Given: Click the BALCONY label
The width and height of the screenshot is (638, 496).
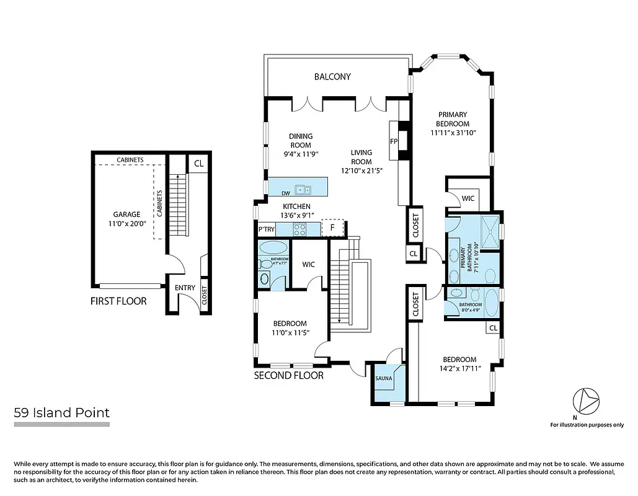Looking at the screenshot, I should pos(332,77).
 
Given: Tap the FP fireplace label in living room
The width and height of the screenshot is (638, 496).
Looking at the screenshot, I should pos(393,141).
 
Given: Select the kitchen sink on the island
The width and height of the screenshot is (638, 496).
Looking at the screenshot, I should pos(303,190).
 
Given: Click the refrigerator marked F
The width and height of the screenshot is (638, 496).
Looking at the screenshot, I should pos(332,228).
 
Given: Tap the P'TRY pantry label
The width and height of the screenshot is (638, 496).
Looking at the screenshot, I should pos(267,229).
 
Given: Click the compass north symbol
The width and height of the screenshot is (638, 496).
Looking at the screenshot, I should pos(586,402).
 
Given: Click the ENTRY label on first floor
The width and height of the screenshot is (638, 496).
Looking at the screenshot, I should pos(185,288).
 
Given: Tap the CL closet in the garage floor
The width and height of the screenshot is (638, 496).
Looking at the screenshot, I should pos(198,164).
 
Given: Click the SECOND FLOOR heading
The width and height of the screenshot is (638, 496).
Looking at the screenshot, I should pos(289,375).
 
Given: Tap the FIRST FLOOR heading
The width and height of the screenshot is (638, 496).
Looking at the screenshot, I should pos(118,301).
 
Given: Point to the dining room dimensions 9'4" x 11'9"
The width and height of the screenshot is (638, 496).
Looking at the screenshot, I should pos(301,154).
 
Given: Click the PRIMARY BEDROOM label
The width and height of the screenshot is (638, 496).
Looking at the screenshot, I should pos(453,119).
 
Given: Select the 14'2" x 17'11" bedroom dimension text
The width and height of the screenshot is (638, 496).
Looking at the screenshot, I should pos(459,371).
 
